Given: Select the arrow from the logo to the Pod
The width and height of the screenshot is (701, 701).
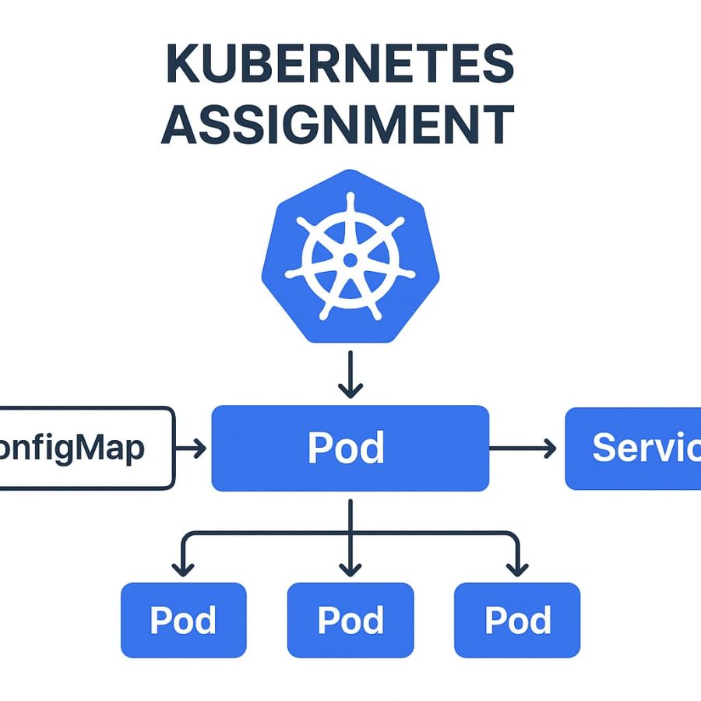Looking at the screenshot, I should point(350,374).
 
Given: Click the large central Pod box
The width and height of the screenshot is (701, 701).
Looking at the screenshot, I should point(350,448).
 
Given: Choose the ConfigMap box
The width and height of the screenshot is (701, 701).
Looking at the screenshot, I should point(86,448).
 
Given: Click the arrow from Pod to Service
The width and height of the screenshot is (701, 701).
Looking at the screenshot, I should point(523,448).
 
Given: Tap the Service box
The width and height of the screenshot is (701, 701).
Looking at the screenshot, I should point(632,448).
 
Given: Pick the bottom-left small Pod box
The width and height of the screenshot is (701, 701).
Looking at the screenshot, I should point(183,620).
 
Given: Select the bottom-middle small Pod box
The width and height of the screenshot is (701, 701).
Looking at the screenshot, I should point(350,620).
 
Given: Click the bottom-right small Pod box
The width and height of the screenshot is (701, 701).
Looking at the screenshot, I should point(517,620).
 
